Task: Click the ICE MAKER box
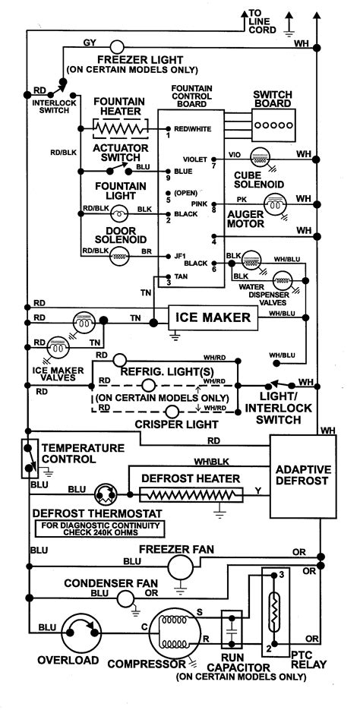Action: click(213, 318)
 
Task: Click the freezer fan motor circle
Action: click(180, 566)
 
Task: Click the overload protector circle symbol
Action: click(76, 629)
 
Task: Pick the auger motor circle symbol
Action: click(273, 203)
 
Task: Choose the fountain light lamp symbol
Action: click(119, 214)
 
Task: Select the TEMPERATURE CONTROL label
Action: click(78, 453)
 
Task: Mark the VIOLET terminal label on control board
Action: click(194, 159)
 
